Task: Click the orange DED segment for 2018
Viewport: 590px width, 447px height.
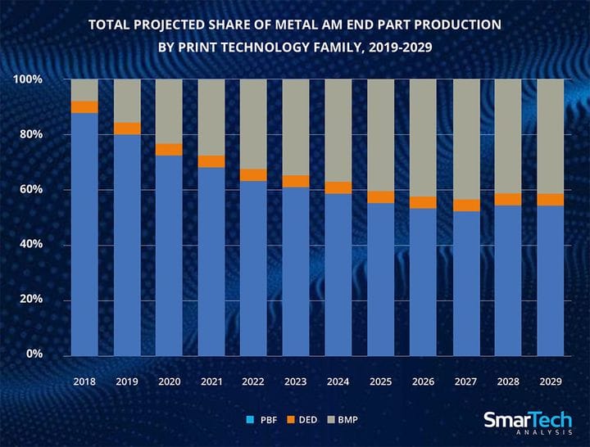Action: [x=84, y=106]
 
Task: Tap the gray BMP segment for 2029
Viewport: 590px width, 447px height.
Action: [x=550, y=136]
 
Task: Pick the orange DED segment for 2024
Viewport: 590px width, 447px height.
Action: [x=338, y=187]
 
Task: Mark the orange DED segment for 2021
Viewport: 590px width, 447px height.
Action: [x=211, y=161]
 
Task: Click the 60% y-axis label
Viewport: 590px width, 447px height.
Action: [x=30, y=189]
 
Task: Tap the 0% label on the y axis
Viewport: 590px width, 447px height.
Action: [x=33, y=354]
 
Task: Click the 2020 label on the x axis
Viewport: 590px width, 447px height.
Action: [x=169, y=382]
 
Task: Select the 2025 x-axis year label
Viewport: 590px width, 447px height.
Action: [x=380, y=382]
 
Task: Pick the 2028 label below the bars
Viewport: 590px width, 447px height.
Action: [x=507, y=382]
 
